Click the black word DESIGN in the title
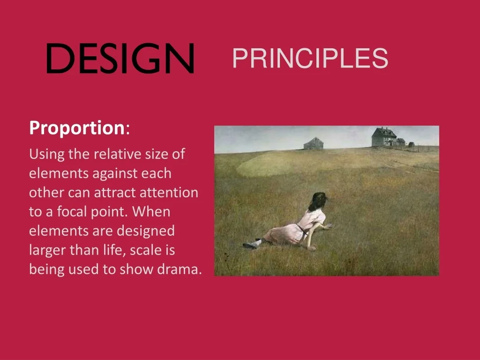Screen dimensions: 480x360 [x=120, y=58]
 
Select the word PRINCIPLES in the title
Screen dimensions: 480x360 [x=310, y=58]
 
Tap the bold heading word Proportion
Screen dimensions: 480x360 [x=77, y=128]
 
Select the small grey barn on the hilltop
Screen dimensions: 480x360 [x=314, y=143]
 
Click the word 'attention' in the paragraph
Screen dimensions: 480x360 [x=169, y=193]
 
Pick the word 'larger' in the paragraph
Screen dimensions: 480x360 [x=47, y=250]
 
